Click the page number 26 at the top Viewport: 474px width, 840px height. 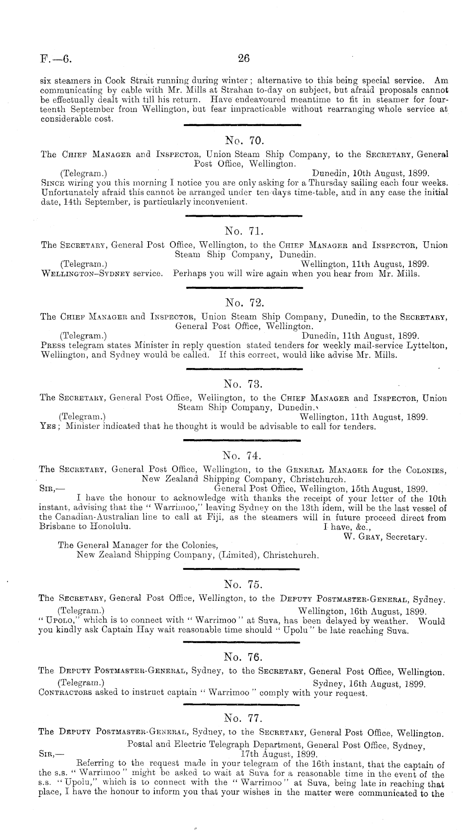[x=244, y=58]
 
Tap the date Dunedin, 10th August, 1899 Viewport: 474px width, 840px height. [x=370, y=173]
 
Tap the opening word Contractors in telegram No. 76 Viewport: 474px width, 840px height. [x=63, y=692]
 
